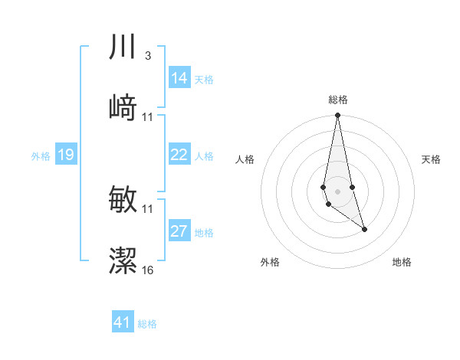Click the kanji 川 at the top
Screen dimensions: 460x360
123,47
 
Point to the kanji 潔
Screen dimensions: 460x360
123,260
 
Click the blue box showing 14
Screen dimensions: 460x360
179,78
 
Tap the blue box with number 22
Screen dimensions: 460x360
179,155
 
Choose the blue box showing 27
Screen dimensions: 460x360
179,231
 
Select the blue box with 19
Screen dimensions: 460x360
65,155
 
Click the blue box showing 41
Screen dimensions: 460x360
123,322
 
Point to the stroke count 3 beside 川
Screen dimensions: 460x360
147,56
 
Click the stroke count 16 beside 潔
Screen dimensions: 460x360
148,270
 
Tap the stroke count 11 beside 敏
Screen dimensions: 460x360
148,209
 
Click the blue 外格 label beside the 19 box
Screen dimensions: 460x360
41,156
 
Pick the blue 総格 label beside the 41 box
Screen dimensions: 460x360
147,324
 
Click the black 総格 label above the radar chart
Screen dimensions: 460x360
337,100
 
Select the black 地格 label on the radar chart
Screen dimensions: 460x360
402,262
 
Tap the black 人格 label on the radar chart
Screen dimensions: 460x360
245,159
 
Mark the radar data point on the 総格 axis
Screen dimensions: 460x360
337,116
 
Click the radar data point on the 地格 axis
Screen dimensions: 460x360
364,229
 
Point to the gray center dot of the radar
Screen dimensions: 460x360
337,191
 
